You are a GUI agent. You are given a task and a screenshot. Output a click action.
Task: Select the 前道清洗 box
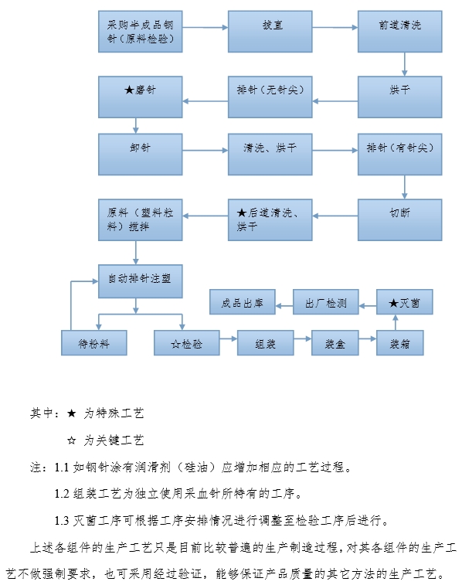pyautogui.click(x=399, y=32)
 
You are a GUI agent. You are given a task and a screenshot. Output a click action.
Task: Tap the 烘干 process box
pyautogui.click(x=399, y=97)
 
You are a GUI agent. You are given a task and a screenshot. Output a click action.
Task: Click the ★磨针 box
pyautogui.click(x=140, y=97)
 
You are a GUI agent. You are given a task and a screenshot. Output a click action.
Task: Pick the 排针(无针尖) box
pyautogui.click(x=270, y=97)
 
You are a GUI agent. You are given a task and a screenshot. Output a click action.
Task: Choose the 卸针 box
pyautogui.click(x=140, y=154)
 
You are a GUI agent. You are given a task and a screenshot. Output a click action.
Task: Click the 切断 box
pyautogui.click(x=399, y=219)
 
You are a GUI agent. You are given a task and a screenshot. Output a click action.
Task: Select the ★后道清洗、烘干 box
pyautogui.click(x=270, y=219)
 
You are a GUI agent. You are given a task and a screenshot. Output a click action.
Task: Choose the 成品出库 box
pyautogui.click(x=243, y=302)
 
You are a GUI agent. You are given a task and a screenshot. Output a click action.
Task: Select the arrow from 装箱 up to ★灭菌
pyautogui.click(x=395, y=323)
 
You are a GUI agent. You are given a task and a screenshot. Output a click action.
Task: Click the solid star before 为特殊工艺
pyautogui.click(x=72, y=413)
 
